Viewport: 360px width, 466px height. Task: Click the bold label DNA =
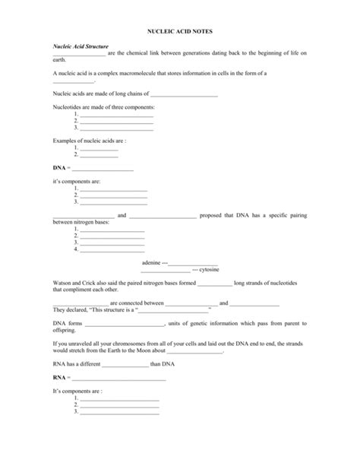(61, 167)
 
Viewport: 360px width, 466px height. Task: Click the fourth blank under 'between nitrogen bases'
(112, 249)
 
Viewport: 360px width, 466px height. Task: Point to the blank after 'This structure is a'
(173, 309)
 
